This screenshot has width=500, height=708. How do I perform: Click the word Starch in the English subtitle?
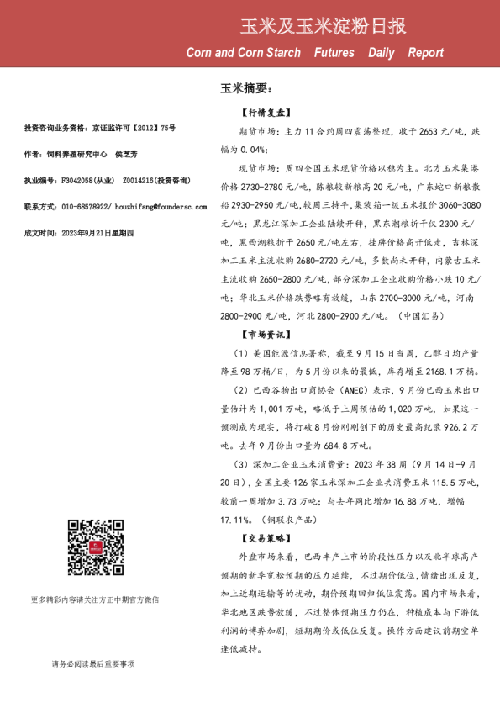(x=277, y=53)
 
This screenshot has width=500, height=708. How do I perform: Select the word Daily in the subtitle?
(x=381, y=53)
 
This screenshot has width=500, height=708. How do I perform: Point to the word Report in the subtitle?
(x=425, y=53)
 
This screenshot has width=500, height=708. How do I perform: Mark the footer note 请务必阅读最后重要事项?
(x=93, y=664)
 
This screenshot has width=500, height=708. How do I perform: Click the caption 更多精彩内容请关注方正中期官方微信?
(x=93, y=600)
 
